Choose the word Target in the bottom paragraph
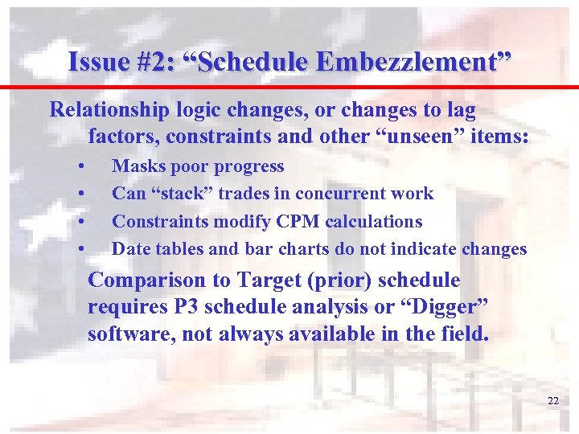(x=266, y=280)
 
